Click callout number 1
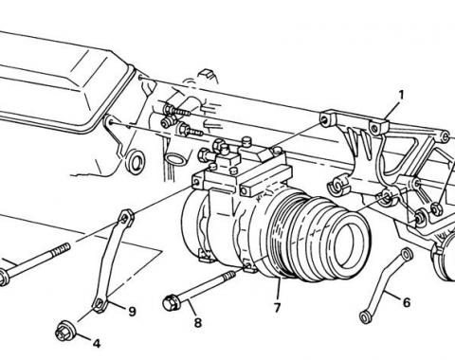point(401,95)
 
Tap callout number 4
point(97,343)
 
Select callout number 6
point(407,302)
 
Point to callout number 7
point(277,307)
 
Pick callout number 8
point(198,322)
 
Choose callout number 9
point(132,312)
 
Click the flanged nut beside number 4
point(64,331)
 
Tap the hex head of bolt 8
point(171,302)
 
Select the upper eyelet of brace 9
point(126,217)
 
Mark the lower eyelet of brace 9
point(100,304)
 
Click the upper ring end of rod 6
point(407,254)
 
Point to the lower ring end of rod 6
point(365,317)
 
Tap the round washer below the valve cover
point(136,162)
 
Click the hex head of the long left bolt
point(3,279)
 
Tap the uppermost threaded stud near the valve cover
point(177,111)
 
